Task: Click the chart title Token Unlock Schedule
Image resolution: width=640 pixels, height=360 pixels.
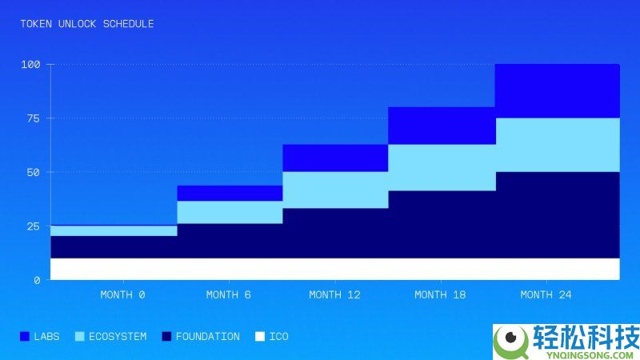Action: point(87,24)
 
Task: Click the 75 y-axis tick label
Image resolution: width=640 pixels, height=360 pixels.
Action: point(32,118)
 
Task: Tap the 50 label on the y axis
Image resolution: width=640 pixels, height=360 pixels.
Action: point(32,172)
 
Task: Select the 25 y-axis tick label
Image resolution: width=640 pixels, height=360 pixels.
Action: point(32,226)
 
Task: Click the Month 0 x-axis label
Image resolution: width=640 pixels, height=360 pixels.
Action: point(122,294)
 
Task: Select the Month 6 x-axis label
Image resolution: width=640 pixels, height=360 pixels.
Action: point(228,294)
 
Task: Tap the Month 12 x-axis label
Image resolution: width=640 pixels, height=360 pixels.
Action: point(334,294)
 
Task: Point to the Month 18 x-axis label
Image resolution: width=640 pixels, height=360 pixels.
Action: point(440,294)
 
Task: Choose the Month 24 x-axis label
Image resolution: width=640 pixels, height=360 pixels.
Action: point(546,294)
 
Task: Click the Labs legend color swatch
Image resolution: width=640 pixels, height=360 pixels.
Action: point(24,337)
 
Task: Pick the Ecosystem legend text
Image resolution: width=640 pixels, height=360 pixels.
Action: point(118,337)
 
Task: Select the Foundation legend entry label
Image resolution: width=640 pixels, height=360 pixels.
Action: point(207,337)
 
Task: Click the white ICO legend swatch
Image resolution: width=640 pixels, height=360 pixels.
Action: point(259,337)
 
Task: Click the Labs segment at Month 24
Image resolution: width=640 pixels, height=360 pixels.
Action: point(557,90)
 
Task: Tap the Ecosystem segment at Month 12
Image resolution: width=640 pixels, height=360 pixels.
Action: point(334,190)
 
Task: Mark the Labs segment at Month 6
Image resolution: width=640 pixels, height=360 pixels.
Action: point(230,193)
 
